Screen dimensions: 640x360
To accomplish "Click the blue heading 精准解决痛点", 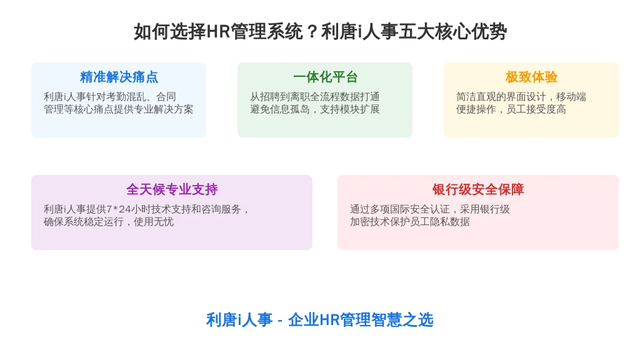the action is pyautogui.click(x=119, y=77).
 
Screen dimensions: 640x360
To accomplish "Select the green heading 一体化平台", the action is pyautogui.click(x=325, y=77).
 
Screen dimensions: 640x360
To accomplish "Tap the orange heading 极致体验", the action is pyautogui.click(x=531, y=77).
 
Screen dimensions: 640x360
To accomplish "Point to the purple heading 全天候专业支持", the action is pyautogui.click(x=172, y=189).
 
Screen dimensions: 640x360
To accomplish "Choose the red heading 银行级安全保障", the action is pyautogui.click(x=478, y=189).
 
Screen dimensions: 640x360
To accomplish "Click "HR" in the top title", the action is pyautogui.click(x=218, y=32).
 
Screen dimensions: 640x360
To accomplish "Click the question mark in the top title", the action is pyautogui.click(x=312, y=32).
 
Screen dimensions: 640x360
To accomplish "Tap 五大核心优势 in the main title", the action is pyautogui.click(x=452, y=32).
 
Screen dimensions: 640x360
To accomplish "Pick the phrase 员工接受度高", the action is pyautogui.click(x=536, y=109).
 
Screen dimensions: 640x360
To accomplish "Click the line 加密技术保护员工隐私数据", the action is pyautogui.click(x=410, y=222).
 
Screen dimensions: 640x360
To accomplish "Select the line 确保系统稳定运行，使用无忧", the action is pyautogui.click(x=109, y=222).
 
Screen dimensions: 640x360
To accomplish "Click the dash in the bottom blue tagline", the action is pyautogui.click(x=280, y=321).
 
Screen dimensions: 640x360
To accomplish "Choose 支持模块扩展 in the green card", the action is pyautogui.click(x=350, y=109).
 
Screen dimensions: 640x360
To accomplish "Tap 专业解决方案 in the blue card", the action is pyautogui.click(x=163, y=109).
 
